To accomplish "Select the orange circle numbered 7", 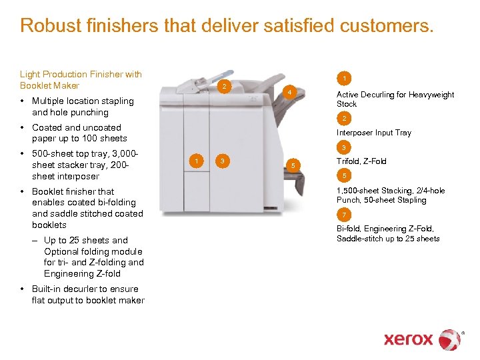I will point(344,215).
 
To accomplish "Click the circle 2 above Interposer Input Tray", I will point(344,119).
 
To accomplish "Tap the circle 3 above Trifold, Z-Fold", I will point(344,147).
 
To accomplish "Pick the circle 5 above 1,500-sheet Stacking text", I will point(344,176).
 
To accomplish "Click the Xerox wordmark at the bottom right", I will point(408,339).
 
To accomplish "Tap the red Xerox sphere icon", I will point(450,339).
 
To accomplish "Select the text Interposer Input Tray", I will point(374,133).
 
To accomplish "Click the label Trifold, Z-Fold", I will point(361,161).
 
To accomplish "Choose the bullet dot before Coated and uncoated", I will point(23,128).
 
